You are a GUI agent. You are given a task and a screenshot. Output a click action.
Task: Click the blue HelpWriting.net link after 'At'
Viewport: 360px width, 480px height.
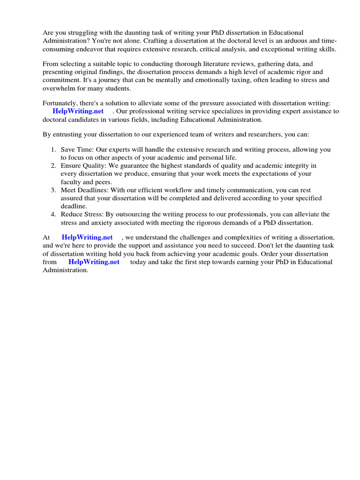pyautogui.click(x=87, y=237)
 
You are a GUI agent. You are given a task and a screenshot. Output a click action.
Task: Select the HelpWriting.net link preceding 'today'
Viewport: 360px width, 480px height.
pyautogui.click(x=94, y=262)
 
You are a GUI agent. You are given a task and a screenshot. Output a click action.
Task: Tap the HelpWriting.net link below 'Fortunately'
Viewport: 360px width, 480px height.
pyautogui.click(x=79, y=111)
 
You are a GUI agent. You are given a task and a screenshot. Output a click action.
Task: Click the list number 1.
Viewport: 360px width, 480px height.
pyautogui.click(x=53, y=150)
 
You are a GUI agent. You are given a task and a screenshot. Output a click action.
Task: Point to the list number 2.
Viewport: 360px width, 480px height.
pyautogui.click(x=53, y=165)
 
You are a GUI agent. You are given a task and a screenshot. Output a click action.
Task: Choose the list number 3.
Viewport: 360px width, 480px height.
pyautogui.click(x=53, y=190)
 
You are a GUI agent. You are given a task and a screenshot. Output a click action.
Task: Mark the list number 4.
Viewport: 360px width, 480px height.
pyautogui.click(x=53, y=214)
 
